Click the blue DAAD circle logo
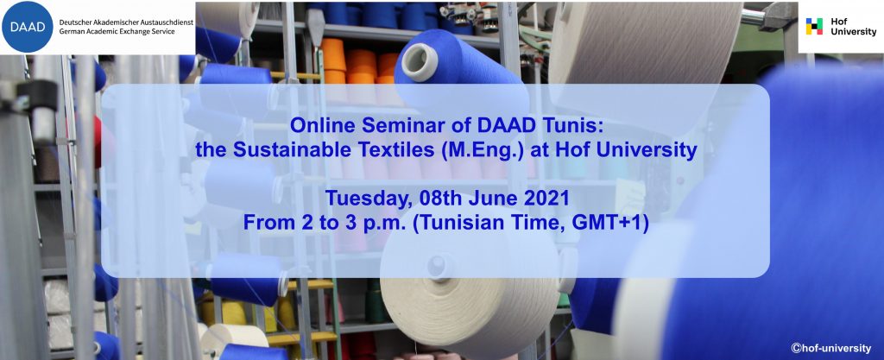(x=28, y=27)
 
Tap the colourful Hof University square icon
(x=814, y=27)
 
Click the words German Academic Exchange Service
(x=117, y=32)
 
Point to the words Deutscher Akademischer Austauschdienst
(x=126, y=22)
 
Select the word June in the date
(x=496, y=199)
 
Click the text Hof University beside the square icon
(x=853, y=27)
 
